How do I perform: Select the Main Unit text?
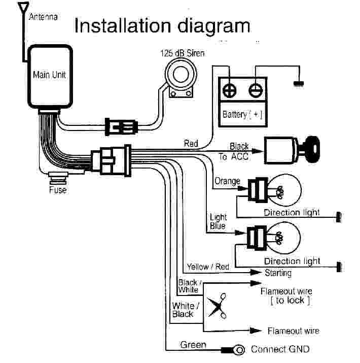point(49,75)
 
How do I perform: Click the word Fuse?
point(57,190)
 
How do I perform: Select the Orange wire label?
point(227,181)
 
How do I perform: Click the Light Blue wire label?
point(218,222)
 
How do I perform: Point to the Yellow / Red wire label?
point(208,267)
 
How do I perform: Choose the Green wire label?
point(193,345)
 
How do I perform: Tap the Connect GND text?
point(280,349)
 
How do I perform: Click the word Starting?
point(278,273)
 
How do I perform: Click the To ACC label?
point(234,157)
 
